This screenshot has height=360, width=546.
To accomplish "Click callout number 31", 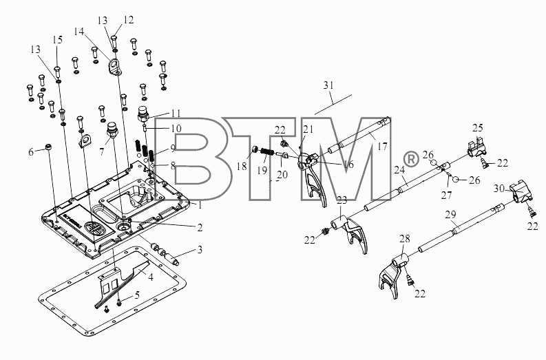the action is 328,85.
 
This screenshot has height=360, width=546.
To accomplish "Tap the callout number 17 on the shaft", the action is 382,146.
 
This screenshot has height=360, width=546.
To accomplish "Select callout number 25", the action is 478,128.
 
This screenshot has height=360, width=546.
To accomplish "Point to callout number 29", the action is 450,215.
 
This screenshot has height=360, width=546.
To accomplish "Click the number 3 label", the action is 200,250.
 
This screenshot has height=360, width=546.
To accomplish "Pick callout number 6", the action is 31,152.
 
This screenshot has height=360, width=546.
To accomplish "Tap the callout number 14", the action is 79,32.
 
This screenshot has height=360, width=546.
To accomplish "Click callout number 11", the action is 176,114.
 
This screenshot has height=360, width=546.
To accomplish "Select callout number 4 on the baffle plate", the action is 151,277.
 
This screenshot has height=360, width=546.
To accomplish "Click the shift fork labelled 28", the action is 392,275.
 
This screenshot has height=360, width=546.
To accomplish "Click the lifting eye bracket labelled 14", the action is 114,67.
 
